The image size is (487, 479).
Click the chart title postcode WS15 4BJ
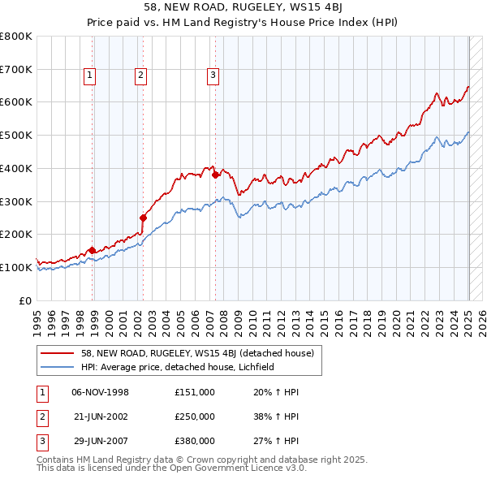tap(318, 10)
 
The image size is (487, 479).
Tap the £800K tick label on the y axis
tap(16, 37)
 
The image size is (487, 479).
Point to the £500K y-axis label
tap(16, 136)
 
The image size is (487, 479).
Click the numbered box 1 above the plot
tap(89, 76)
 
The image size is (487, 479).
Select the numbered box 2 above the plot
tap(140, 76)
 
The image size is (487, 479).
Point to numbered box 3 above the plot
tap(213, 76)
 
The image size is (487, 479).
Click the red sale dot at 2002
tap(143, 218)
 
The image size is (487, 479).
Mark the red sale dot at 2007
tap(215, 175)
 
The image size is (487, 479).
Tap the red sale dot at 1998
tap(92, 250)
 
